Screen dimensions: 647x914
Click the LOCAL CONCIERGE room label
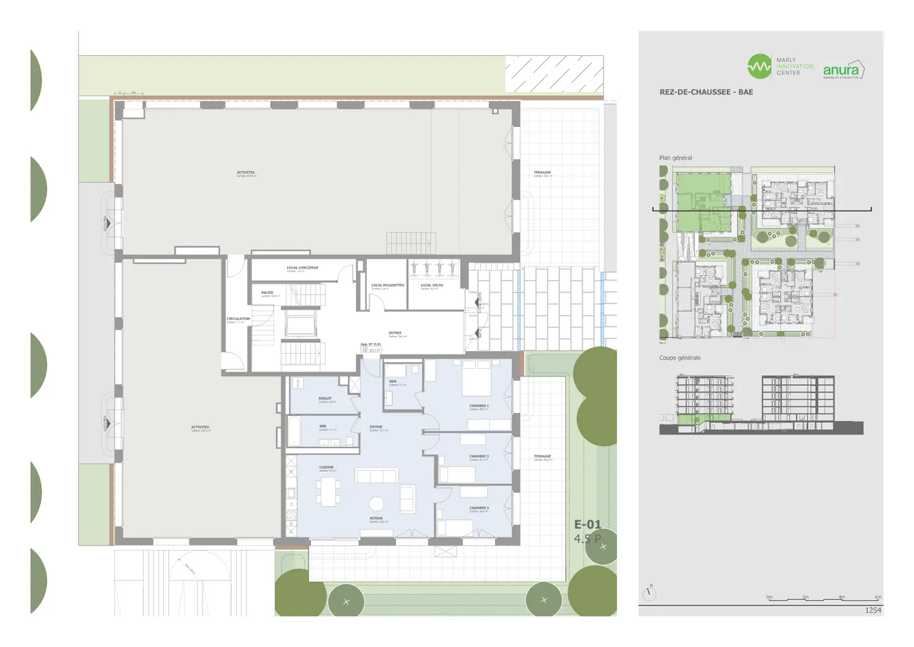click(x=302, y=268)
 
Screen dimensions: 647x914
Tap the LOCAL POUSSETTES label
click(x=387, y=286)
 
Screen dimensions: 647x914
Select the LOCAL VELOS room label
click(x=432, y=286)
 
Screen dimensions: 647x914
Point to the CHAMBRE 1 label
click(x=479, y=406)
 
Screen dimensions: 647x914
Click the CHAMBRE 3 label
click(x=479, y=508)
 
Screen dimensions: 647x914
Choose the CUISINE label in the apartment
click(x=326, y=468)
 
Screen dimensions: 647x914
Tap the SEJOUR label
click(x=376, y=519)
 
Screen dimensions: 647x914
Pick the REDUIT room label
click(x=325, y=399)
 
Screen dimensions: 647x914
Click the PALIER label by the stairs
click(x=267, y=293)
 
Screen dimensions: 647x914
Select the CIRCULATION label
click(x=238, y=319)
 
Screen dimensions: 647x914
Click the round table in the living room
click(x=376, y=504)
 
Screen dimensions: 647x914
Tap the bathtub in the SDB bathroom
click(x=294, y=431)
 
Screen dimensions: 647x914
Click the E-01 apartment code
click(x=587, y=524)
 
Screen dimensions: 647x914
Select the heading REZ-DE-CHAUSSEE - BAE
click(x=706, y=92)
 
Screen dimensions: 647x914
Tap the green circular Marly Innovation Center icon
click(x=759, y=66)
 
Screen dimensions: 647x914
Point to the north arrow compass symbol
click(x=649, y=594)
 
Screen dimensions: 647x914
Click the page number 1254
click(x=873, y=610)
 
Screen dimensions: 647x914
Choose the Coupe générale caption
click(x=680, y=358)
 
